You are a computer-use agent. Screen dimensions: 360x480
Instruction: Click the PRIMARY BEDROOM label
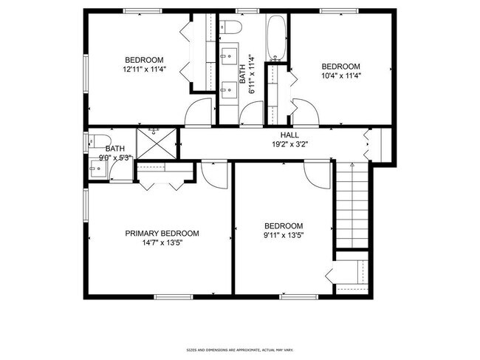click(162, 233)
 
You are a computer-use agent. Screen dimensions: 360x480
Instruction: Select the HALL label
click(289, 135)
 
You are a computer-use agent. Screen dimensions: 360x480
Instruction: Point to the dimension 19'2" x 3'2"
click(289, 145)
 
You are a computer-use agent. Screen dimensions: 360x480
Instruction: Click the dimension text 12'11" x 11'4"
click(143, 69)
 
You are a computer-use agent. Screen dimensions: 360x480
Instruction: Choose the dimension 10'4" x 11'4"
click(340, 75)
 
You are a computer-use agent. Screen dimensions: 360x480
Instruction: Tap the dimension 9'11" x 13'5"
click(284, 236)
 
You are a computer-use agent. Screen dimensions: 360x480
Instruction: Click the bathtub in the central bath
click(276, 38)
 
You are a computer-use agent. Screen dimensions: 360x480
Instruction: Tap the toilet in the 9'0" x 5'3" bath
click(95, 141)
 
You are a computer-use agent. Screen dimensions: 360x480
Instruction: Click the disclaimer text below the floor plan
click(239, 350)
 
